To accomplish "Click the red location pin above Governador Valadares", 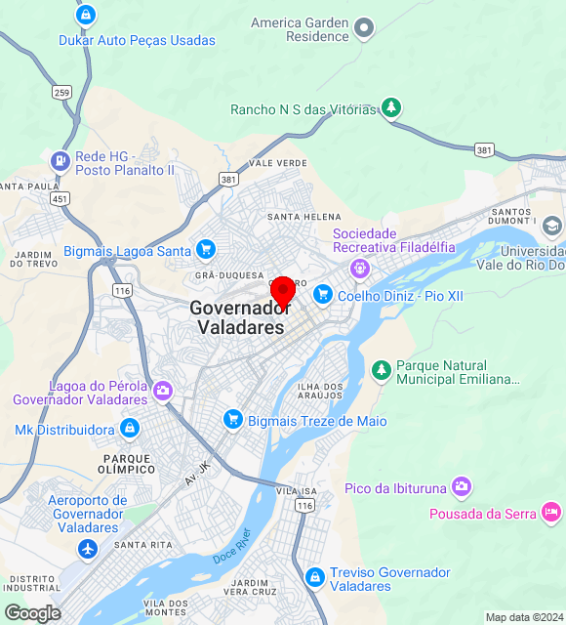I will tap(283, 291).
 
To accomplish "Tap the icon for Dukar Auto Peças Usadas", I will tap(86, 15).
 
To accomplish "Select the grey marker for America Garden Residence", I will tap(364, 28).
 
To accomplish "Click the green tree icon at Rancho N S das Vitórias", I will tap(391, 106).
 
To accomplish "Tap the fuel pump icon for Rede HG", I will tap(61, 161).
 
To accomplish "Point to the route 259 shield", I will tap(62, 92).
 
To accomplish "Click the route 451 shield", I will tap(61, 198).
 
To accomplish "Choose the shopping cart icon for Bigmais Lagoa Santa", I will tap(205, 250).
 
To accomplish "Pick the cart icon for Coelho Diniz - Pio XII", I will tap(323, 294).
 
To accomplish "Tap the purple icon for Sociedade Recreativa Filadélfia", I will tap(361, 266).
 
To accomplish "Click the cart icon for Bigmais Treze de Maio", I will tap(232, 420).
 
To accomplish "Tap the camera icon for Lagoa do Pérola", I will tap(162, 392).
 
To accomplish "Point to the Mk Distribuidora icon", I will tap(129, 429).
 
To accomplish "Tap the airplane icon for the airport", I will tap(88, 549).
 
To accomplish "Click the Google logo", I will tap(32, 612).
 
